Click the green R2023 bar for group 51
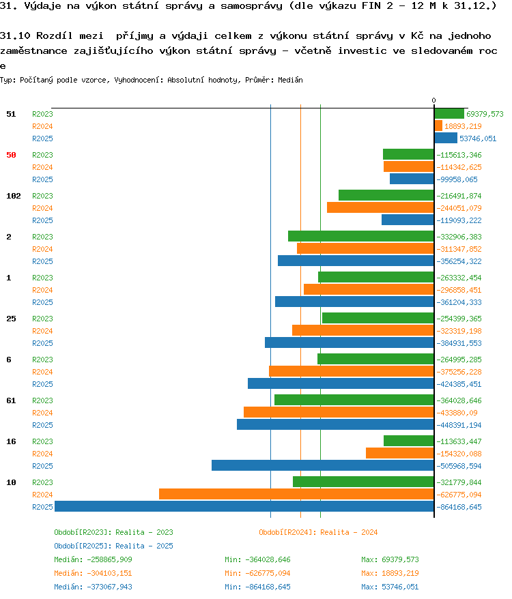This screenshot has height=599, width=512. click(449, 113)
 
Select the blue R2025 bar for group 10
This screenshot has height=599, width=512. click(244, 506)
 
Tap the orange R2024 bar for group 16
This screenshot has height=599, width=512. click(400, 453)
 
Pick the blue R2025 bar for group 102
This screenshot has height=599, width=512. click(408, 220)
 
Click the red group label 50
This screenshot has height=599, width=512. click(11, 155)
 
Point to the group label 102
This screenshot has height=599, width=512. click(14, 196)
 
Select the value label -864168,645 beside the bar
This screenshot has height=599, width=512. click(459, 507)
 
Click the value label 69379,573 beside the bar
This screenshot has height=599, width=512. click(485, 114)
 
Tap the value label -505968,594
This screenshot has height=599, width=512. click(459, 466)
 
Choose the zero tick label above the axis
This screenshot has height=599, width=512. click(433, 100)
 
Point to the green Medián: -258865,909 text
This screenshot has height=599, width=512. click(93, 559)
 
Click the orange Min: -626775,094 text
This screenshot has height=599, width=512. click(257, 573)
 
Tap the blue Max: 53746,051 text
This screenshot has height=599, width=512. click(390, 587)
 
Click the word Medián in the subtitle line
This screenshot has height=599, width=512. click(290, 80)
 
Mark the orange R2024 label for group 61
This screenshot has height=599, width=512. click(42, 413)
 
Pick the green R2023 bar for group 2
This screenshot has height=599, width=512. click(361, 236)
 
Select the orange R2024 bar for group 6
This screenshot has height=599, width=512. click(352, 371)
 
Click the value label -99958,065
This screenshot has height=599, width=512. click(457, 179)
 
